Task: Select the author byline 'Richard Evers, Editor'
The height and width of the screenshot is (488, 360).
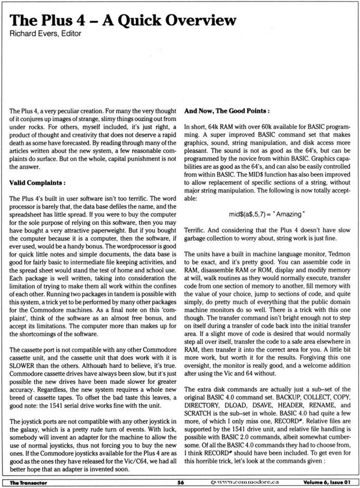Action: click(x=45, y=33)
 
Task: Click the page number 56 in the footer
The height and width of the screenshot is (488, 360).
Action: click(x=181, y=483)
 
